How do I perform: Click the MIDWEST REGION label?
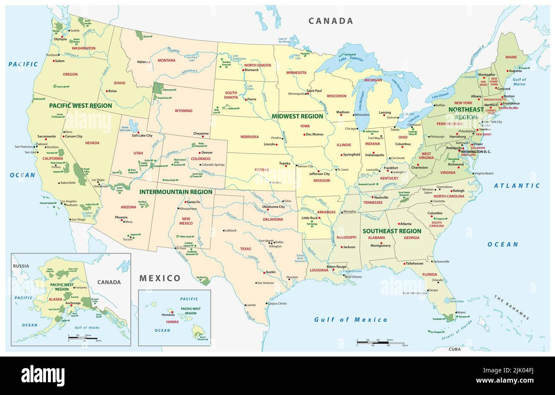coord(298,116)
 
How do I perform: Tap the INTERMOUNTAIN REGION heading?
coord(176,192)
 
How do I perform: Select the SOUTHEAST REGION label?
coord(391,231)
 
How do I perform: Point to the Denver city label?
coord(207,152)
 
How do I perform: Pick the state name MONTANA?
coord(166,60)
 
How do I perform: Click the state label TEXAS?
coord(245,249)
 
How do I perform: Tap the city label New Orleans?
coord(353,277)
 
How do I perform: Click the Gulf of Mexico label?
coord(351,319)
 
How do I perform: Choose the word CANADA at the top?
coord(331,21)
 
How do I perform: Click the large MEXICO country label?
coord(160,278)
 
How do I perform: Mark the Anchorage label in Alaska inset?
coord(73,303)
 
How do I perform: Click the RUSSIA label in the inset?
coord(21,266)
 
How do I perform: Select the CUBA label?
coord(454,349)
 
